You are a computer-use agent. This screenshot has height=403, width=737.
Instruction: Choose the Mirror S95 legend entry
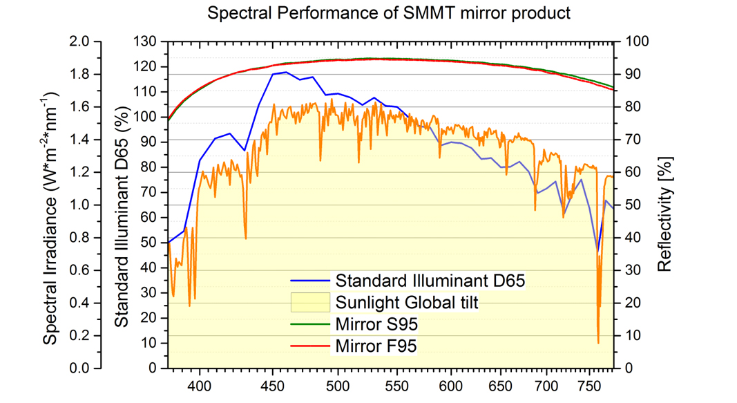pos(376,324)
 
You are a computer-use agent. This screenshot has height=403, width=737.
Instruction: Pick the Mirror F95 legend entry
pos(376,346)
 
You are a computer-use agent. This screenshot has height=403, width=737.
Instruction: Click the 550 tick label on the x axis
pos(383,385)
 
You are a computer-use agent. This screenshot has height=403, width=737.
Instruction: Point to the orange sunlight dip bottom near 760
pos(598,342)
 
